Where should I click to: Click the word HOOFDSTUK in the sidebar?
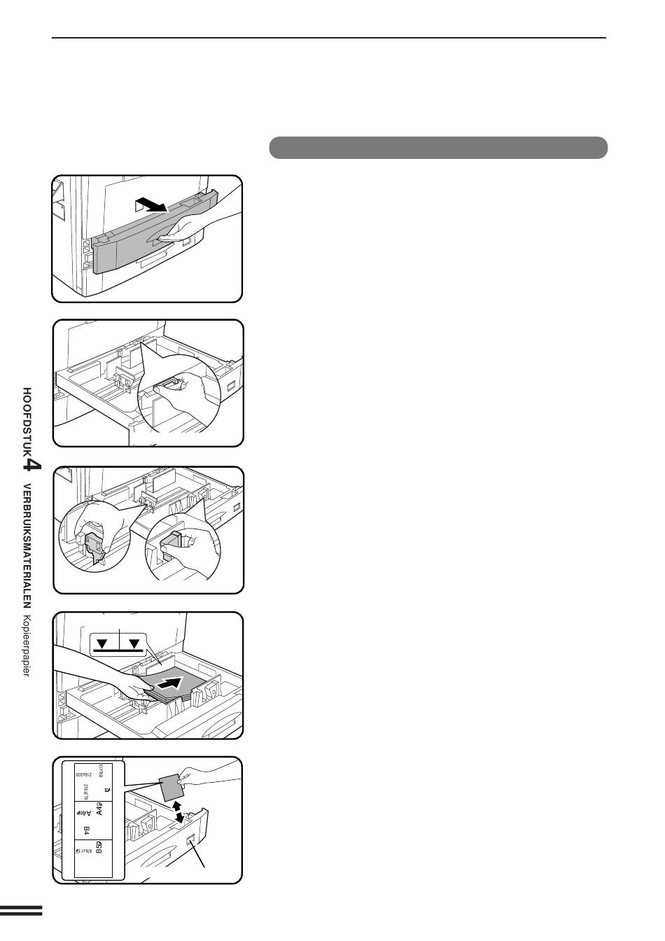pos(27,419)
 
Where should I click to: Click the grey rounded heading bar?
pos(438,148)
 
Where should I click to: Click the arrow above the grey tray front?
pos(152,204)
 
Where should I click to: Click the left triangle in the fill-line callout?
pos(103,643)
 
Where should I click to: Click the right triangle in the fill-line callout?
pos(134,643)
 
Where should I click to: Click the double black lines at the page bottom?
pos(21,910)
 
